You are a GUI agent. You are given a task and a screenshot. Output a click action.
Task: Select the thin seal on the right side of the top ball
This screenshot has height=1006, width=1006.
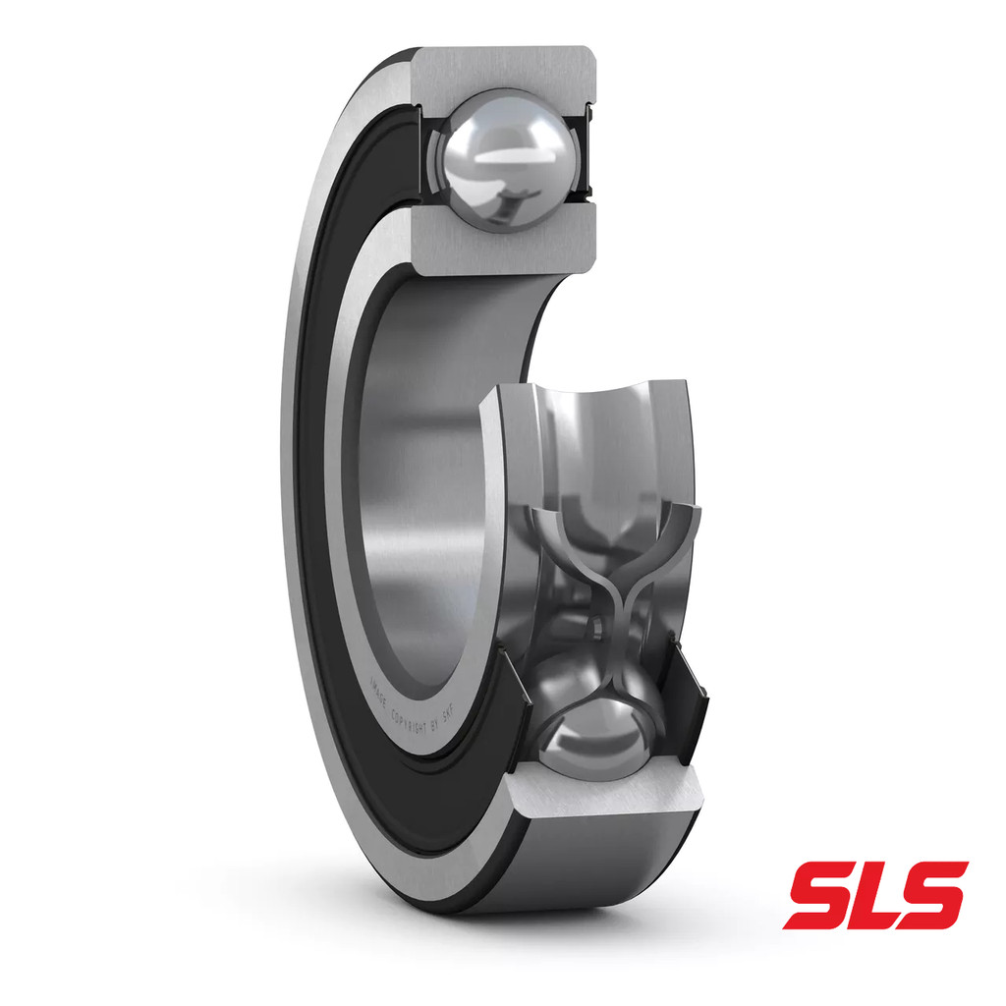[x=587, y=147]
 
